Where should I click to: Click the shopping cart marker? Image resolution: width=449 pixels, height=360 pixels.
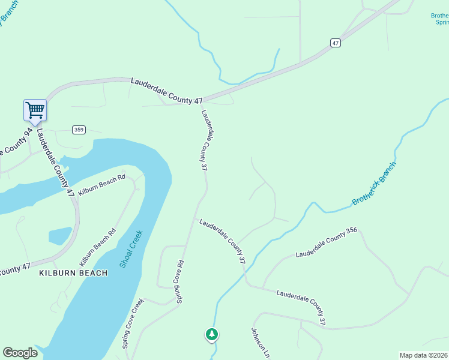coord(35,110)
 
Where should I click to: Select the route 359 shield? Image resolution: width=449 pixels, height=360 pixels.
coord(78,130)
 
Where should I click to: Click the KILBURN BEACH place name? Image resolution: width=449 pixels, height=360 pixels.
coord(73,273)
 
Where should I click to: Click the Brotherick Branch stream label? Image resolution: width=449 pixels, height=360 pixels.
coord(375,183)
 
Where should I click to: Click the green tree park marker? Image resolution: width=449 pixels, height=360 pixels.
coord(211,334)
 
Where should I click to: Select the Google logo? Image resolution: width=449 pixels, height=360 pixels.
coord(20,353)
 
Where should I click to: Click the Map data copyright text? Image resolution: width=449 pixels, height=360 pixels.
coord(423,355)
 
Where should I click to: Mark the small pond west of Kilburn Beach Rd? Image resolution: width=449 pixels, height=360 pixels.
coord(59,236)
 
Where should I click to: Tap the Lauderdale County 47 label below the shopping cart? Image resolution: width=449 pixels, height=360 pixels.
coord(55,163)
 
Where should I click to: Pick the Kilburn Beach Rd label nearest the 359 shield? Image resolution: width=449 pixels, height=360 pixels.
coord(101,187)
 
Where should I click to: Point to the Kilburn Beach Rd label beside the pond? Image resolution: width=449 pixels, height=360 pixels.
coord(97,248)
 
